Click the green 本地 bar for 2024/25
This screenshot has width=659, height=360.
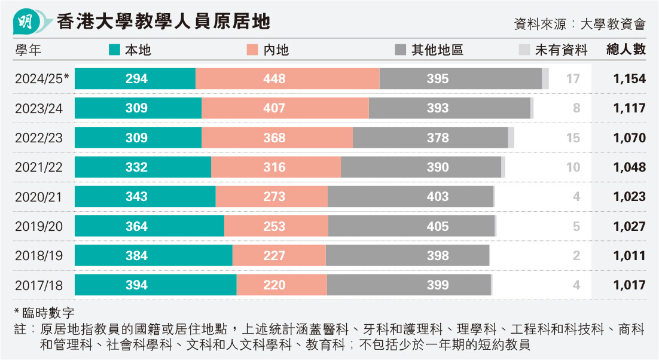pyautogui.click(x=135, y=79)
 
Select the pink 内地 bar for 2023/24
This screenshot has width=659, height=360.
pyautogui.click(x=285, y=108)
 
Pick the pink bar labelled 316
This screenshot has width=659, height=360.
pyautogui.click(x=276, y=167)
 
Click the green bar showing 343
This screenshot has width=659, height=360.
pyautogui.click(x=145, y=197)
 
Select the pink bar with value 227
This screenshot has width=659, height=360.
pyautogui.click(x=279, y=255)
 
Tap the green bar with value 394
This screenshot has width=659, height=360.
pyautogui.click(x=155, y=285)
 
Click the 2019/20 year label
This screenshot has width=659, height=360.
pyautogui.click(x=39, y=227)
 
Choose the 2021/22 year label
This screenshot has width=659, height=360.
pyautogui.click(x=39, y=167)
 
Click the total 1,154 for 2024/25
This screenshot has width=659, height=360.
pyautogui.click(x=629, y=79)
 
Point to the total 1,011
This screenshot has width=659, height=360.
pyautogui.click(x=629, y=256)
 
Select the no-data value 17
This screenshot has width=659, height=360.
pyautogui.click(x=573, y=79)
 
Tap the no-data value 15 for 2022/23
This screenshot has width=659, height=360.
pyautogui.click(x=573, y=138)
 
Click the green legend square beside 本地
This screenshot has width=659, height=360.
pyautogui.click(x=114, y=50)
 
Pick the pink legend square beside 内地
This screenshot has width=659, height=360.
pyautogui.click(x=252, y=50)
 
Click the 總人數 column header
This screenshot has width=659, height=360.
pyautogui.click(x=626, y=50)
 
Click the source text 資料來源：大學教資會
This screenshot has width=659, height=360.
pyautogui.click(x=579, y=24)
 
